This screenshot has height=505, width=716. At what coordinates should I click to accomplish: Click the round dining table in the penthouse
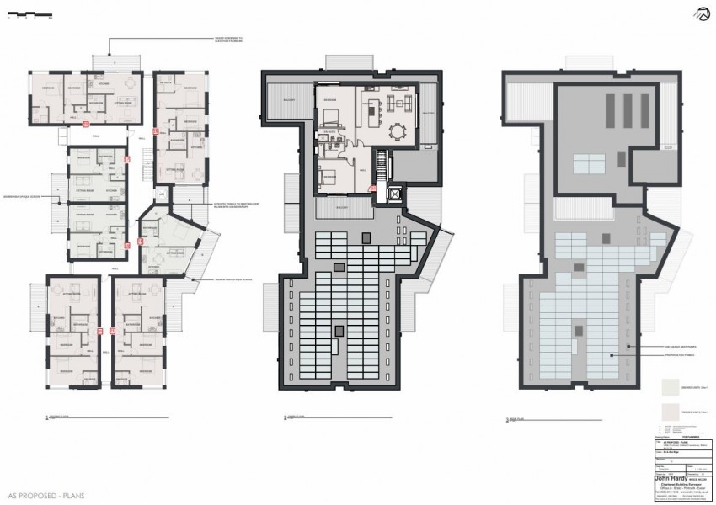pyautogui.click(x=397, y=131)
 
